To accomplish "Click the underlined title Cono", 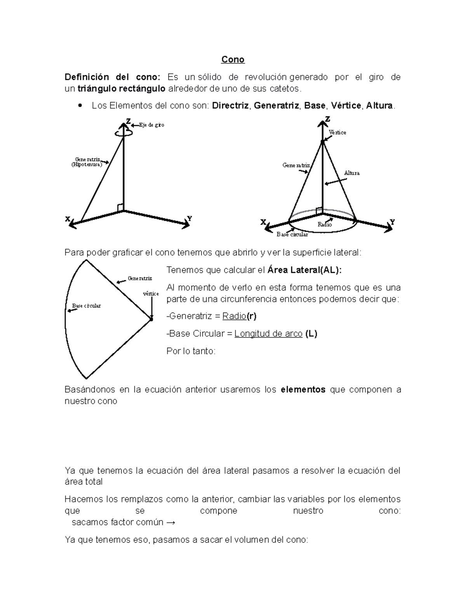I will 233,59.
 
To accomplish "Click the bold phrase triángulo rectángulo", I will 122,89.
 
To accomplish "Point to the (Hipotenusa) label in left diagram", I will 87,165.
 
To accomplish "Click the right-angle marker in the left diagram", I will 120,207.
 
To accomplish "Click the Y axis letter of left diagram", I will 190,219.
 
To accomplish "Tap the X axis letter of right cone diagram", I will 263,222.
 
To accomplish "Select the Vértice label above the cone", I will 337,132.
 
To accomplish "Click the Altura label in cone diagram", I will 352,173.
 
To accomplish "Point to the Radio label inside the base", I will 325,224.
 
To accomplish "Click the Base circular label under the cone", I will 292,235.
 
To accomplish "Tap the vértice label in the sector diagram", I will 151,294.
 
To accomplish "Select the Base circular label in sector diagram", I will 86,306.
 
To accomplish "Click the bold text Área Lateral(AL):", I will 305,270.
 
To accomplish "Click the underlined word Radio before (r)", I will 234,316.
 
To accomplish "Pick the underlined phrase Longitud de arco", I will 268,334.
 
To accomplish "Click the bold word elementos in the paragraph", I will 303,389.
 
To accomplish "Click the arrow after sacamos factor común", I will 170,522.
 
